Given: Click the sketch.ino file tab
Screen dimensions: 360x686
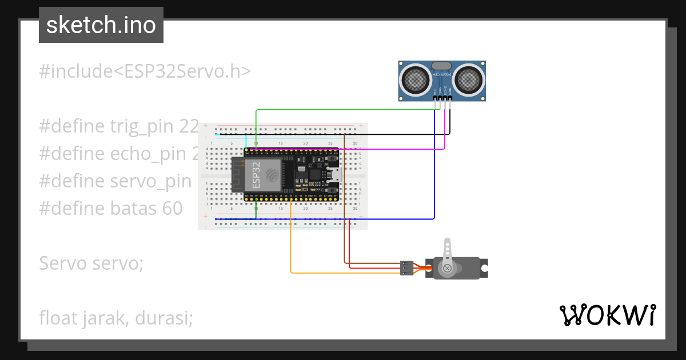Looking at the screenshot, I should [101, 25].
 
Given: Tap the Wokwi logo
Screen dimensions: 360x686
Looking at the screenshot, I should [607, 315].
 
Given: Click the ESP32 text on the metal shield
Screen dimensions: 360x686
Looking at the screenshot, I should [256, 175].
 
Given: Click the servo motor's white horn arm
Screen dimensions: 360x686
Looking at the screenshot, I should [448, 251].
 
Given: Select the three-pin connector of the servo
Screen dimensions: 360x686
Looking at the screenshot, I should [406, 268].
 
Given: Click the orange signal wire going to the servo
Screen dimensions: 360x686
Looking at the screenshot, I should [292, 246].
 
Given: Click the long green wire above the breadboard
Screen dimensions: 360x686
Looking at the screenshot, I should [343, 110].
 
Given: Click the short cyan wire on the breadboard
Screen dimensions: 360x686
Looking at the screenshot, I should [246, 141].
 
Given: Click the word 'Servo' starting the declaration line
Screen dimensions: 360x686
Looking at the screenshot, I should [61, 263].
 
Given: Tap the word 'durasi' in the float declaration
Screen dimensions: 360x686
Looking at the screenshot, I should [163, 318].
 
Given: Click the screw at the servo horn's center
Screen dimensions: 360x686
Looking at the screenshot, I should [448, 267].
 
